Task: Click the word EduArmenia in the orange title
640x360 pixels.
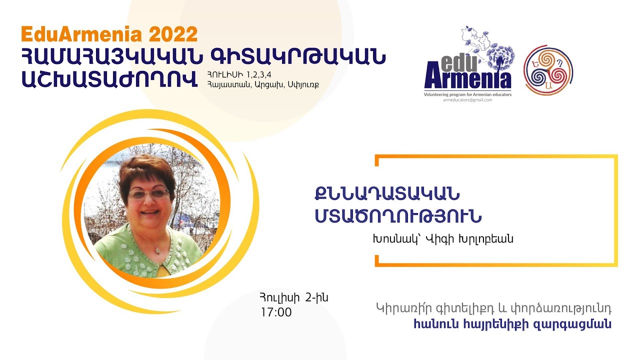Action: tap(81, 34)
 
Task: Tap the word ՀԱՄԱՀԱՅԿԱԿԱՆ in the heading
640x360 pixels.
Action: tap(111, 56)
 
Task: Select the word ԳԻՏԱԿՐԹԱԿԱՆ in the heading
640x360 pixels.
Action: tap(298, 56)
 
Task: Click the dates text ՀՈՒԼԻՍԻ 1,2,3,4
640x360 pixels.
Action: tap(239, 75)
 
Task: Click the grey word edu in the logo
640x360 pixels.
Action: tap(459, 63)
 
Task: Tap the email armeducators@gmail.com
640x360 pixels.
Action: tap(467, 100)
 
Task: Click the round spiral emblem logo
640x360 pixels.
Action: tap(548, 70)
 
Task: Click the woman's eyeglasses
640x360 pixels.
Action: tap(148, 194)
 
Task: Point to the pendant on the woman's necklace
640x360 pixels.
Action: tap(157, 250)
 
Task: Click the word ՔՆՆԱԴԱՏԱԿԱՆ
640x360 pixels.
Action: tap(387, 194)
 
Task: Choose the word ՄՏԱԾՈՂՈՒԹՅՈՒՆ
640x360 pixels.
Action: tap(398, 216)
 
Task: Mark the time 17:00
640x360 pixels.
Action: tap(276, 312)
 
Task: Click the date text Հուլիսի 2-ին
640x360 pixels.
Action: tap(294, 297)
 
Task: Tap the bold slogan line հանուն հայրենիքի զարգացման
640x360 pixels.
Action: tap(512, 324)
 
